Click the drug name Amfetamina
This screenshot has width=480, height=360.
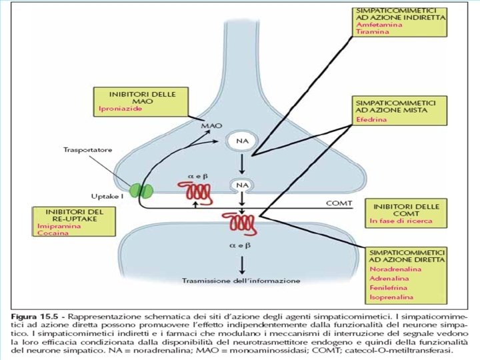point(375,23)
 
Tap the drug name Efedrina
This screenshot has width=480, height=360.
point(370,120)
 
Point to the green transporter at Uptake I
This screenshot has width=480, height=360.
point(141,191)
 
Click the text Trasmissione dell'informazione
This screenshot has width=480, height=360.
point(241,281)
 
